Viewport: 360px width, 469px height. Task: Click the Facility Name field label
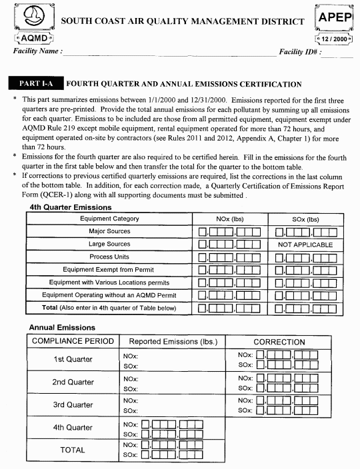(38, 51)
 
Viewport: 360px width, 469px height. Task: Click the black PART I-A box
(35, 84)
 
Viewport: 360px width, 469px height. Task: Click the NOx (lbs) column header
(229, 219)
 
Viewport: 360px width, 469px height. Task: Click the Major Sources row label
(109, 231)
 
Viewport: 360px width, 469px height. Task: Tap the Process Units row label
(109, 256)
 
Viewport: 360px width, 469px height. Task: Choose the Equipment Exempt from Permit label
(109, 269)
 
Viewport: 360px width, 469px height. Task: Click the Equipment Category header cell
(109, 219)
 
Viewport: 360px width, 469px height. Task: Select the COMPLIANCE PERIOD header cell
(73, 342)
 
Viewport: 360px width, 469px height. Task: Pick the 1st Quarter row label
(73, 360)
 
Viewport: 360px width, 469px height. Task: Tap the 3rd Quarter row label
(73, 404)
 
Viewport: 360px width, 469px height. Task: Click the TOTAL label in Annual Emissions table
(73, 450)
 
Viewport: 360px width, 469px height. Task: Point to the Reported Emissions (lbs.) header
(173, 342)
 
